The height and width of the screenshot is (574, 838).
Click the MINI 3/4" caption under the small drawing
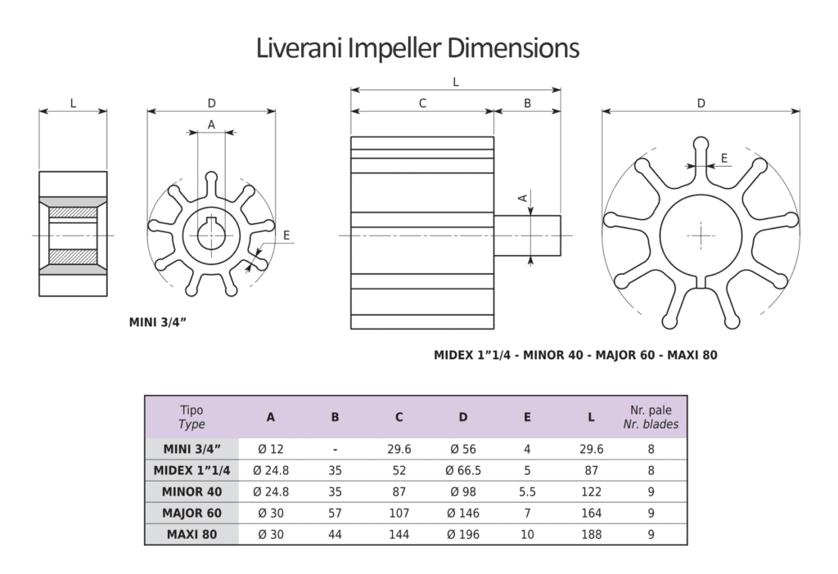click(x=158, y=321)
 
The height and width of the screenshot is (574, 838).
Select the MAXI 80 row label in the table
click(x=191, y=534)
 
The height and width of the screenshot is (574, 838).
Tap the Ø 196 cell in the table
click(x=463, y=534)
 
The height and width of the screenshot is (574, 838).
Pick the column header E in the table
click(x=527, y=417)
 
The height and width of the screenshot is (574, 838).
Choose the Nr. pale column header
click(x=651, y=410)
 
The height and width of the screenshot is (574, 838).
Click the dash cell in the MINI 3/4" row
click(x=335, y=449)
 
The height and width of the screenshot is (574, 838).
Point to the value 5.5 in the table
click(x=527, y=491)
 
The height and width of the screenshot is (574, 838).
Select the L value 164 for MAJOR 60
click(x=591, y=513)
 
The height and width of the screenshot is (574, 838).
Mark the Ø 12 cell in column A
click(x=271, y=449)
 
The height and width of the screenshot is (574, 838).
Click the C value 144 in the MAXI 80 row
click(x=399, y=534)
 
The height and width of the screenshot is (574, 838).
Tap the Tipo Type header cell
click(x=191, y=417)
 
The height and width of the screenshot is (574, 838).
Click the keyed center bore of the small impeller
click(x=211, y=235)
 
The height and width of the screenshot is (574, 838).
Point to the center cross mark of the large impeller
click(x=701, y=235)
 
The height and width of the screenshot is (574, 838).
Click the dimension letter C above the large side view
click(x=422, y=103)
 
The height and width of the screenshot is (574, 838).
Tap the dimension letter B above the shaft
click(x=528, y=103)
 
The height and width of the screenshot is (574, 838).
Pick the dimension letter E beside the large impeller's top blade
click(x=724, y=157)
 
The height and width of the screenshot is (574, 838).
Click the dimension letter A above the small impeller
click(x=211, y=124)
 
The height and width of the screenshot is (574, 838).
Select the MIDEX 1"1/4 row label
click(x=191, y=470)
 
